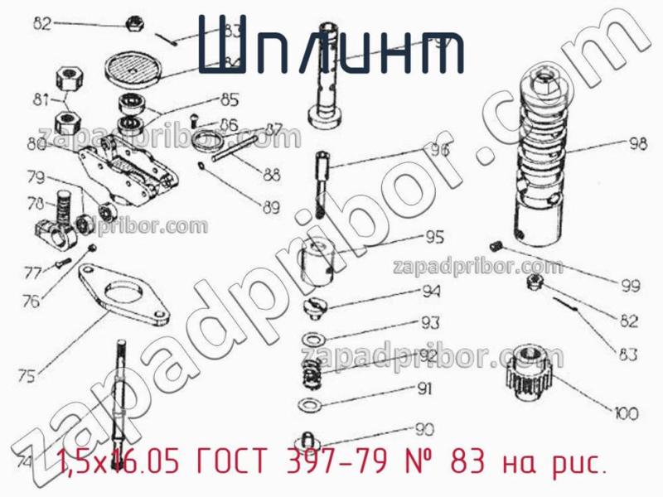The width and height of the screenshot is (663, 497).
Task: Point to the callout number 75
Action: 27,376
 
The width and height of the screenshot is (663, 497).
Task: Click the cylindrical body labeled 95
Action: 320,258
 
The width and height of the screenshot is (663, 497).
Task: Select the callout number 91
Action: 425,388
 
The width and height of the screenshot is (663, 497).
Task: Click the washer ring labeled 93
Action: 312,340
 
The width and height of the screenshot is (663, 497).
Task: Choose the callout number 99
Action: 631,286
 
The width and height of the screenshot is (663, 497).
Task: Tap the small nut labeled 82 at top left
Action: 132,23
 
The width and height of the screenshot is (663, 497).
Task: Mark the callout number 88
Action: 271,175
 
